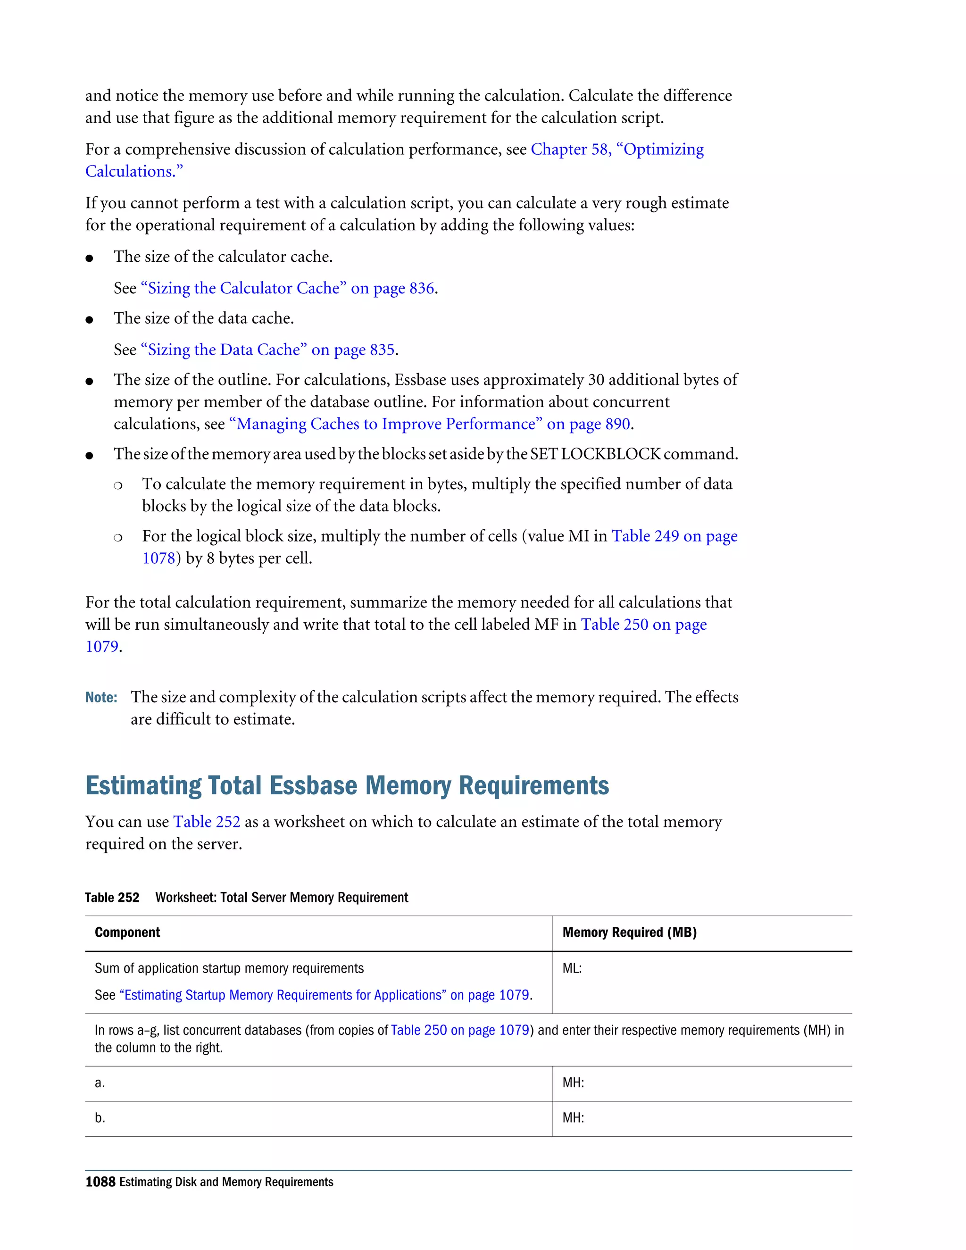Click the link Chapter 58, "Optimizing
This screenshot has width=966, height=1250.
click(617, 150)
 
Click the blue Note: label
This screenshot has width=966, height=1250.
click(101, 698)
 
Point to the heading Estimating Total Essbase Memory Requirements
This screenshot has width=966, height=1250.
click(347, 785)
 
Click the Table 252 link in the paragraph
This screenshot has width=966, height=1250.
click(207, 822)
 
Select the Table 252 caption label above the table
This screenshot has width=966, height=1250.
click(112, 898)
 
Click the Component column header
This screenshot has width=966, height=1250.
click(127, 933)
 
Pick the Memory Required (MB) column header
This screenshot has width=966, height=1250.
click(629, 933)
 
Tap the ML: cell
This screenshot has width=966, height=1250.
click(572, 968)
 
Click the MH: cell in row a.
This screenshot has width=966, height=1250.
click(573, 1083)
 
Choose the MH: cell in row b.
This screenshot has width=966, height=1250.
click(573, 1118)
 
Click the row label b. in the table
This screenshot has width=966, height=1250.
click(100, 1118)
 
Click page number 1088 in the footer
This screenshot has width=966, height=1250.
click(100, 1182)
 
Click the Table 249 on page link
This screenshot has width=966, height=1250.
click(674, 536)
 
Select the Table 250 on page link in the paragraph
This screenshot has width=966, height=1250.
click(643, 625)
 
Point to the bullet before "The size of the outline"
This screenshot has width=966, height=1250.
click(89, 381)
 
